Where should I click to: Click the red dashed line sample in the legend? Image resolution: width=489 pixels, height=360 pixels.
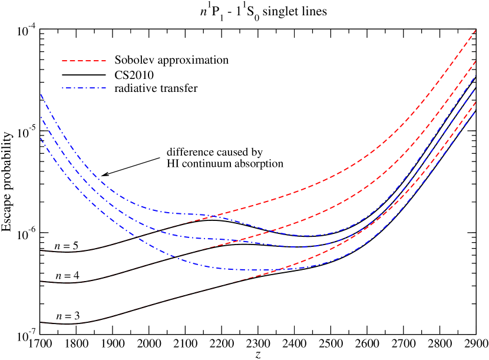coord(84,61)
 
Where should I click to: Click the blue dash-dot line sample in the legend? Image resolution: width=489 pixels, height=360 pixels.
coord(84,88)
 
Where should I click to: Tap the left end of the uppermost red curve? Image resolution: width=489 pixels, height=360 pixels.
coord(41,251)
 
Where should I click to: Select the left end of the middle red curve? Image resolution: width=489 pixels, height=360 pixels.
coord(41,282)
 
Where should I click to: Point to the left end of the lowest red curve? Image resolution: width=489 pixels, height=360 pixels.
coord(41,323)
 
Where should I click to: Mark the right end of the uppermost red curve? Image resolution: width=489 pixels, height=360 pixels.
coord(475,29)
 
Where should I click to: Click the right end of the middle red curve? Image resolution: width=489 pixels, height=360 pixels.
coord(475,61)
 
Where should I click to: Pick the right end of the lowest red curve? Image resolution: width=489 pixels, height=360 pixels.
coord(475,101)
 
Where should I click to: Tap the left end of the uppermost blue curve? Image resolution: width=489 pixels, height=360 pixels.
coord(41,94)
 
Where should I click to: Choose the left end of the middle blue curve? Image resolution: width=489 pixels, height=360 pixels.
coord(41,117)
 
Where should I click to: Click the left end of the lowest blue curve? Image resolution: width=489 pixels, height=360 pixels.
coord(41,138)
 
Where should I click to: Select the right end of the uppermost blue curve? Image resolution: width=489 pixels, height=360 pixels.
coord(475,77)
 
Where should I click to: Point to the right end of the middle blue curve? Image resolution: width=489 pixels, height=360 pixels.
coord(475,88)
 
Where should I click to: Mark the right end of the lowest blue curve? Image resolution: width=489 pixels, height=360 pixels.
coord(475,110)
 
